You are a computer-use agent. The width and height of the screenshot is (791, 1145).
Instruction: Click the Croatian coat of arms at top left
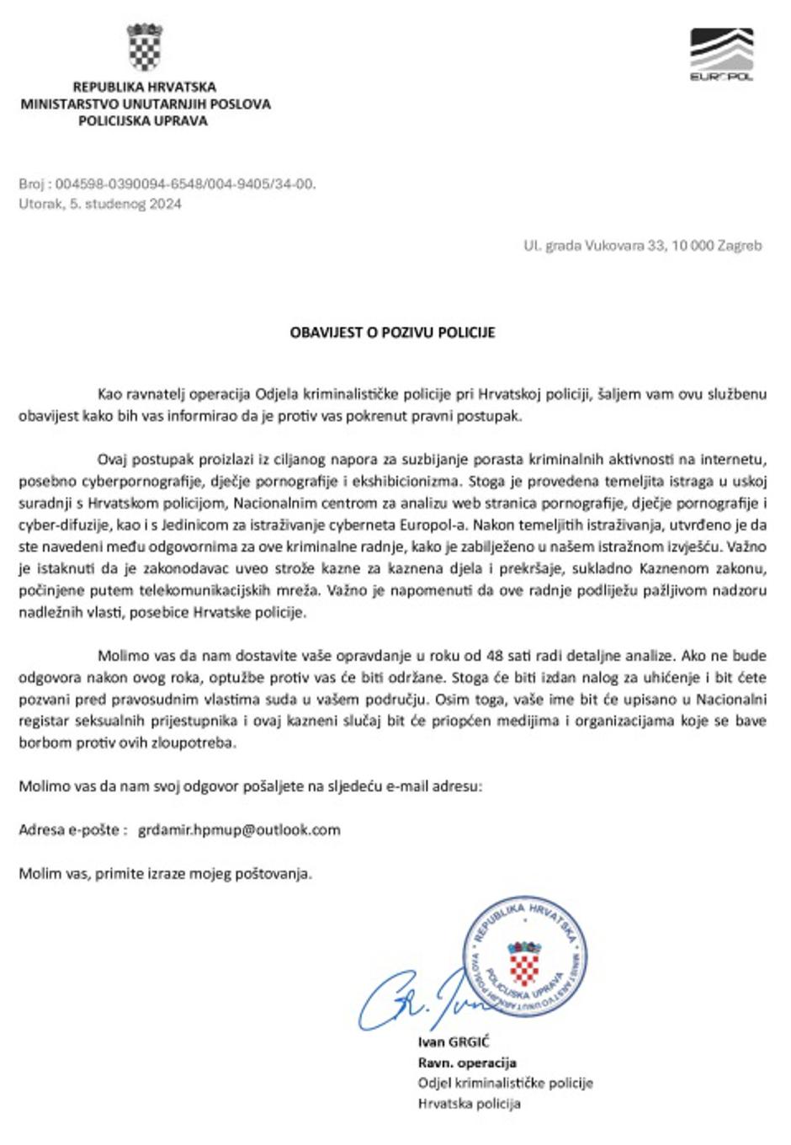(144, 48)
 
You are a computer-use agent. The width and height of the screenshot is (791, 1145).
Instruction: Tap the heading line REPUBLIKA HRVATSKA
(144, 87)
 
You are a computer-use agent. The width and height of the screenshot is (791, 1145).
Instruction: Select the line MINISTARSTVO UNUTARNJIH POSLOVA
(146, 104)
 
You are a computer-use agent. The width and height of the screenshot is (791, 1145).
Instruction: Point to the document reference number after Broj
(185, 184)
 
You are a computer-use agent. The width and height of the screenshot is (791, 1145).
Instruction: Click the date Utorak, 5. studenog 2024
(100, 204)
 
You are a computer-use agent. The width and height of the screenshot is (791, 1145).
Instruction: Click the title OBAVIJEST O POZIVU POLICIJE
(392, 333)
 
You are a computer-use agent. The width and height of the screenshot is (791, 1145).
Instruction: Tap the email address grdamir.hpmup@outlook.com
(239, 830)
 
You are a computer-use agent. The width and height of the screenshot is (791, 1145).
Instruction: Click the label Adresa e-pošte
(69, 830)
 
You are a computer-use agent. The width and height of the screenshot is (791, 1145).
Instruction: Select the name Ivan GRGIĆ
(454, 1042)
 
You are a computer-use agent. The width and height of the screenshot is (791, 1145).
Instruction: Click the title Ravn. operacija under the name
(467, 1062)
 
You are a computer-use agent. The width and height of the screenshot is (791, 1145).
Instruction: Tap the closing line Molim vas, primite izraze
(165, 873)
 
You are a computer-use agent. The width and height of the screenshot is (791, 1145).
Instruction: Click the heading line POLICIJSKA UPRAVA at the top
(143, 120)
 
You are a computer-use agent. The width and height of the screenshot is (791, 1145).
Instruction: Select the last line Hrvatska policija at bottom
(469, 1103)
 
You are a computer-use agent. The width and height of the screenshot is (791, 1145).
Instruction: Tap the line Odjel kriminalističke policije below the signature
(505, 1083)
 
